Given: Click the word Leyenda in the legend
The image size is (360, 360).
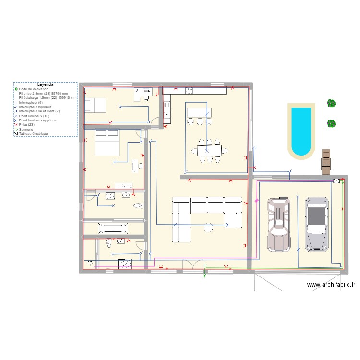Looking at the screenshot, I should (x=45, y=84).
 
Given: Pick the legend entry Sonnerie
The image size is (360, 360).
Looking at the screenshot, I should (x=26, y=129).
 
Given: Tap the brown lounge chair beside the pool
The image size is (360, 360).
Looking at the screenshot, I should (x=326, y=160).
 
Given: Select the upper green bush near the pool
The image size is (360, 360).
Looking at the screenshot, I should (x=331, y=103).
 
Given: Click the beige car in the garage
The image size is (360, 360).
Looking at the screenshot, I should (x=279, y=224).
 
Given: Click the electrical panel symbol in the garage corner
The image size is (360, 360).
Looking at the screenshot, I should (x=336, y=181).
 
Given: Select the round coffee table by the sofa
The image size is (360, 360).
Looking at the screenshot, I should (x=208, y=227).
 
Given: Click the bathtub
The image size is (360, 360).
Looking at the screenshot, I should (x=113, y=228).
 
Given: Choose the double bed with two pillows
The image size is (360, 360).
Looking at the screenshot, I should (x=107, y=142).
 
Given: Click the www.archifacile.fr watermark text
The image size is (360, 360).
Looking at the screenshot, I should (x=331, y=285).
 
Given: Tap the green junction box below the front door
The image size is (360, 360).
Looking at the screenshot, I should (x=205, y=276).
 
